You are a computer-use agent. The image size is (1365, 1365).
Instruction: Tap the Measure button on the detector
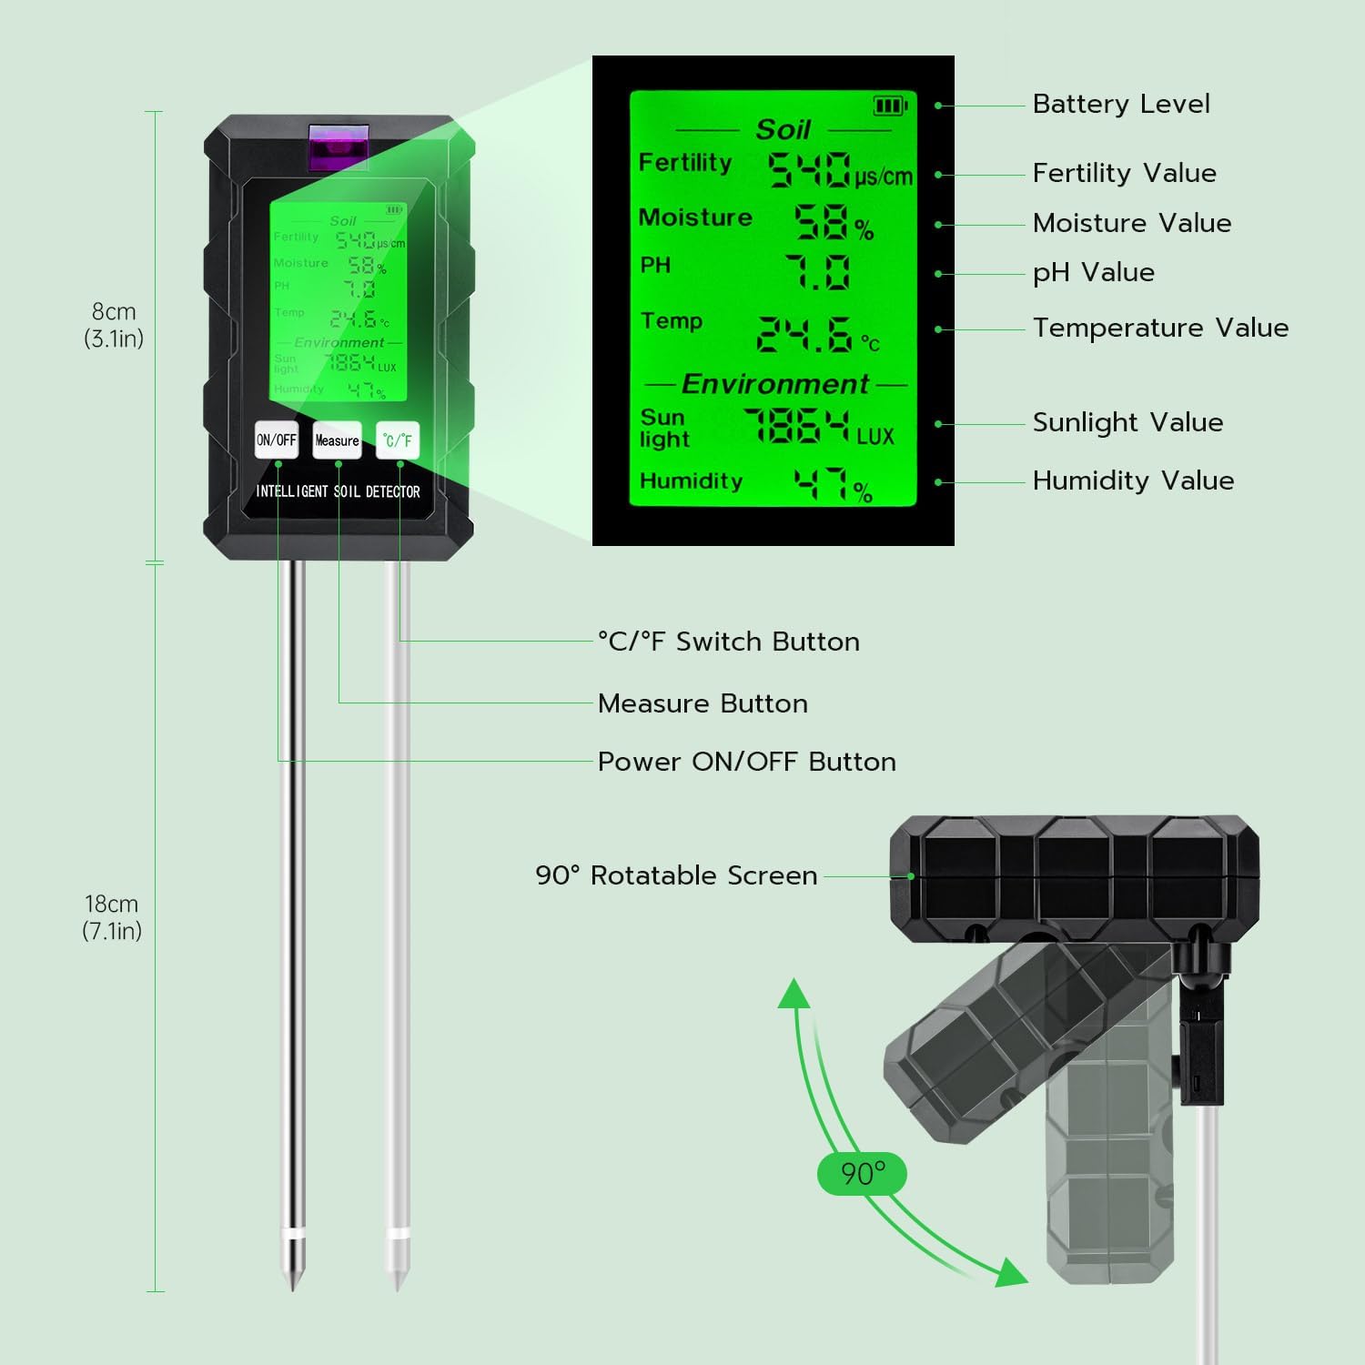(337, 440)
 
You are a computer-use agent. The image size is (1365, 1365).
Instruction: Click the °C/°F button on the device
(398, 440)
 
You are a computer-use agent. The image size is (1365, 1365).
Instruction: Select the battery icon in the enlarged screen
(890, 106)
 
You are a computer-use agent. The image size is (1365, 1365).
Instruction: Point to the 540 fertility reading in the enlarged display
(809, 170)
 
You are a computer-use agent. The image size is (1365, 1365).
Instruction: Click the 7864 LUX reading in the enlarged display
(796, 426)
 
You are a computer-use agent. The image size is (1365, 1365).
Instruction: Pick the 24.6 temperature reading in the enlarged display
(804, 335)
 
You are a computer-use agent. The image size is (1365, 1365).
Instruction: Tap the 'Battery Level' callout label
(1120, 104)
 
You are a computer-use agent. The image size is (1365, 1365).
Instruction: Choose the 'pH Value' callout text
(1093, 272)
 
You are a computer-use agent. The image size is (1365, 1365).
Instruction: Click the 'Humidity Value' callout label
(1133, 480)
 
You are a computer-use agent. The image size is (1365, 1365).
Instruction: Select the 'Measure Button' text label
(703, 703)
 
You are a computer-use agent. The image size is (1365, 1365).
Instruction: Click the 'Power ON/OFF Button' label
(746, 762)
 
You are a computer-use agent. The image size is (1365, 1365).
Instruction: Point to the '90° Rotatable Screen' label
(676, 875)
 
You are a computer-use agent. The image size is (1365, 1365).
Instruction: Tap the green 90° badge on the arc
(862, 1173)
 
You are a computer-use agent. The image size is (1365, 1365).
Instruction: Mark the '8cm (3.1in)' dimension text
(114, 325)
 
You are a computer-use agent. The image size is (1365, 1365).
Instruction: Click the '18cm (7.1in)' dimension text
(112, 917)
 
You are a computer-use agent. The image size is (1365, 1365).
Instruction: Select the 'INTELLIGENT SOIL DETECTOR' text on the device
(338, 491)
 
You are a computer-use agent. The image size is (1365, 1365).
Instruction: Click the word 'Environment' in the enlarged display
(774, 384)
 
